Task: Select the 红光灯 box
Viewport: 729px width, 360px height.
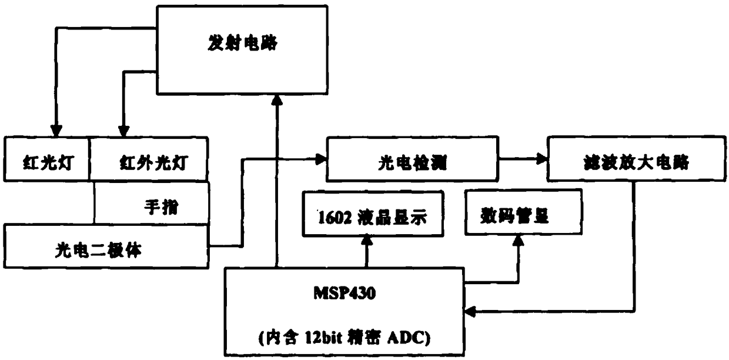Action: [x=47, y=159]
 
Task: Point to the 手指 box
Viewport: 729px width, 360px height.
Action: [x=152, y=202]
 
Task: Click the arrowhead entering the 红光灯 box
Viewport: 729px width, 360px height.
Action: [x=55, y=130]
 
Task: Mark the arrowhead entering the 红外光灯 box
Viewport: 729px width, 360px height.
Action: [x=123, y=130]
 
